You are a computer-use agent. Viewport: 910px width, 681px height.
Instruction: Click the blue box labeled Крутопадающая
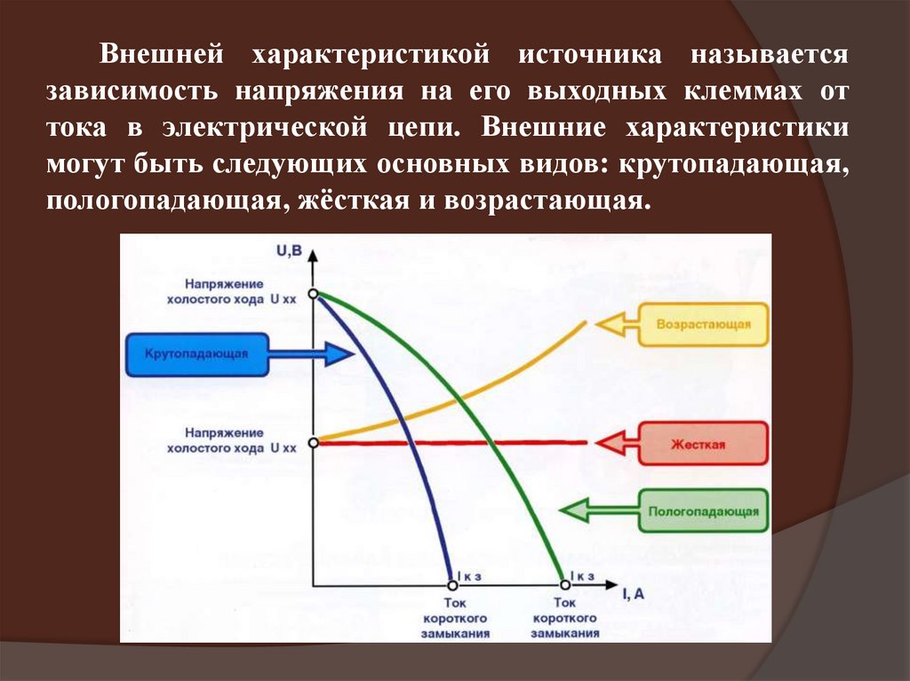tap(197, 353)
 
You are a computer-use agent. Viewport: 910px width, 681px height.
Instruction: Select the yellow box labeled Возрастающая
tap(703, 325)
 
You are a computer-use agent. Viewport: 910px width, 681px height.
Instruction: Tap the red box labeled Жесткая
tap(703, 442)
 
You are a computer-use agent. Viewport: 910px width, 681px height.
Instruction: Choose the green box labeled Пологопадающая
tap(703, 511)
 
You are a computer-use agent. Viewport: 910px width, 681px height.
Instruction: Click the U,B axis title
tap(290, 251)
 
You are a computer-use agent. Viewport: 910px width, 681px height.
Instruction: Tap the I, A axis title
tap(634, 595)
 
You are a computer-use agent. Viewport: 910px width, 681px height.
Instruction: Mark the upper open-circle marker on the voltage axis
tap(312, 293)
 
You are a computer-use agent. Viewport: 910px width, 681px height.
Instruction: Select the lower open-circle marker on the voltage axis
tap(312, 441)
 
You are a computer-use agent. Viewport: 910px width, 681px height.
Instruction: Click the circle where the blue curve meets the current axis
tap(452, 584)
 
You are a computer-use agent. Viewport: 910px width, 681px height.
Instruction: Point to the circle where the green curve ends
tap(563, 584)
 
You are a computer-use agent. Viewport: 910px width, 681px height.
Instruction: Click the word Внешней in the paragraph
tap(161, 54)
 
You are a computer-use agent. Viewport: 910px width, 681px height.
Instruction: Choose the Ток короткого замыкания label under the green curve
tap(565, 617)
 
